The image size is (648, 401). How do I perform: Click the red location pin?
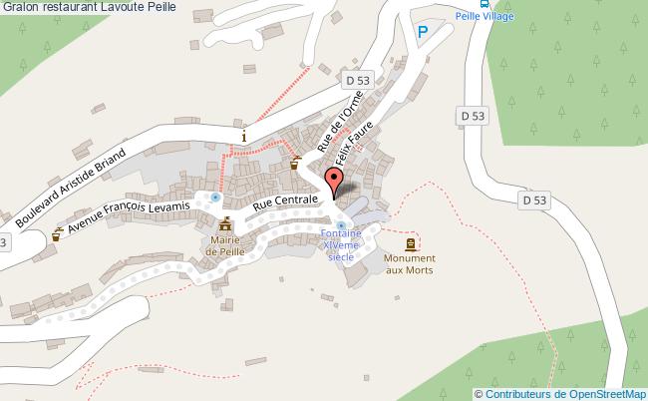click(335, 183)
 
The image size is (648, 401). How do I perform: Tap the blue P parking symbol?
click(423, 33)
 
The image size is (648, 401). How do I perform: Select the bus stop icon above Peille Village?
click(485, 5)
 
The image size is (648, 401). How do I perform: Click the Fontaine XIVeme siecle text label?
click(340, 248)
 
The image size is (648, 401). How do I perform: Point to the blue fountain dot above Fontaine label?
click(341, 225)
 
